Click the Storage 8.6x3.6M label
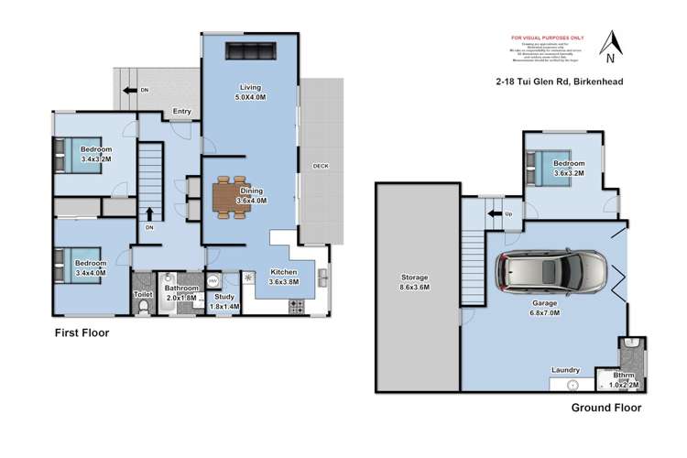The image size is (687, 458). point(415,282)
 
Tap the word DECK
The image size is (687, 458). point(321,166)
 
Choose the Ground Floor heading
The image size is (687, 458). point(606,408)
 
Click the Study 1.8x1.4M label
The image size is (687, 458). point(224,301)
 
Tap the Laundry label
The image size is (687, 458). point(565,370)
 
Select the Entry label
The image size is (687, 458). point(181,112)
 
